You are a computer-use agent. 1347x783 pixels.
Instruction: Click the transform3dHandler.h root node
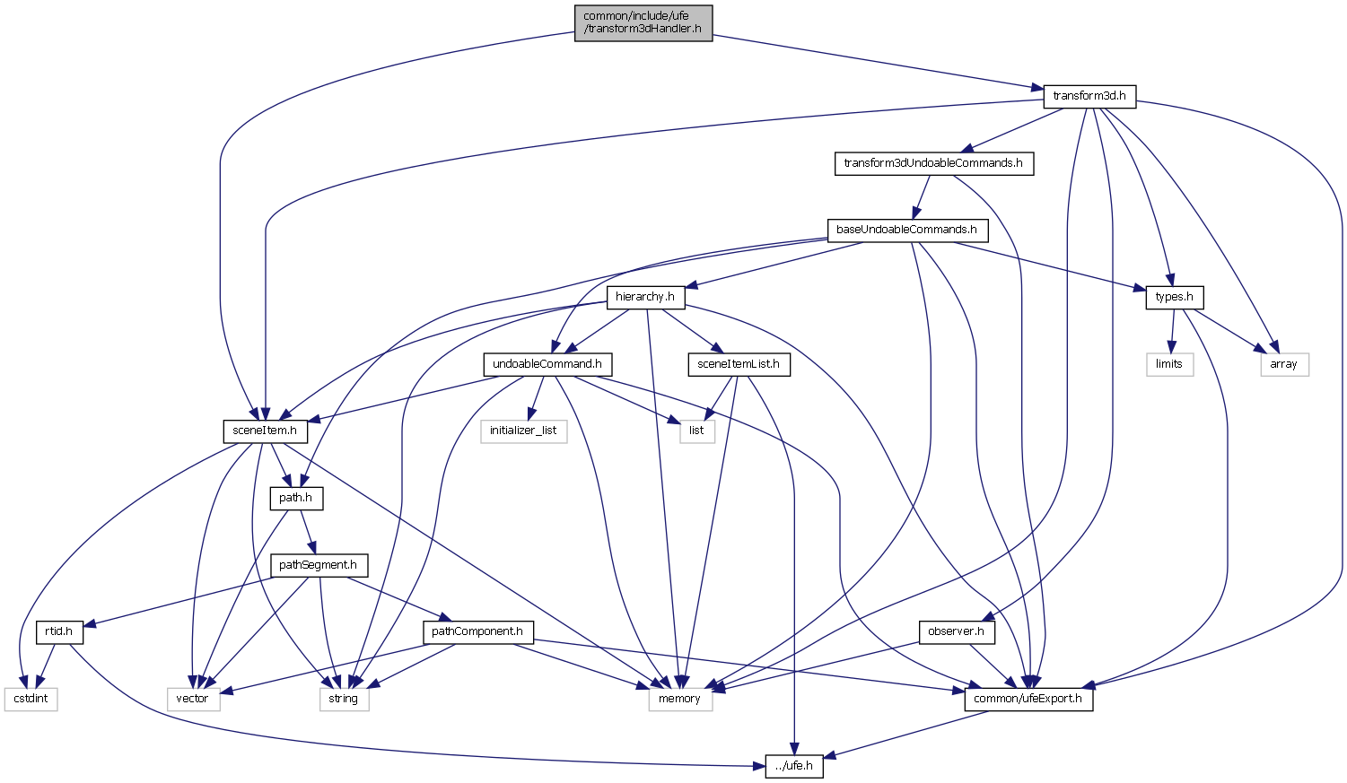click(x=643, y=22)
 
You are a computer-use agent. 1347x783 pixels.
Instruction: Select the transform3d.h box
click(x=1089, y=96)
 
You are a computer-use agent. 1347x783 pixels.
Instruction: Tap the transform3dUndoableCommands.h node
click(x=933, y=163)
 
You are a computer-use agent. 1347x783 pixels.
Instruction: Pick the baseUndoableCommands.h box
click(x=906, y=230)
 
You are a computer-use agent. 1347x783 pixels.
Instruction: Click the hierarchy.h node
click(x=645, y=297)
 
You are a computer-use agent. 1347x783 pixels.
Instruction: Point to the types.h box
click(x=1174, y=297)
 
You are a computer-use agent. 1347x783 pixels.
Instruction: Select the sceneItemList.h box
click(x=739, y=364)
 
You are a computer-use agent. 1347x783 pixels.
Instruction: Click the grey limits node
click(x=1169, y=364)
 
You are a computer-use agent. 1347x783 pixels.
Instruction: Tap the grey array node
click(x=1284, y=364)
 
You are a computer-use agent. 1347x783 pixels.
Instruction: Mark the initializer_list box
click(x=523, y=431)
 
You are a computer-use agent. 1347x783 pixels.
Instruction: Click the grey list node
click(x=696, y=431)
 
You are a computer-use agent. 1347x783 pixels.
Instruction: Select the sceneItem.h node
click(x=265, y=431)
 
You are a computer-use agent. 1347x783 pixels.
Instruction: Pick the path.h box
click(x=296, y=498)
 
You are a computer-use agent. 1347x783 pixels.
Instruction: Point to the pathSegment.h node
click(x=318, y=565)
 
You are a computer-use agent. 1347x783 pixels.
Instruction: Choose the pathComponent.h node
click(x=477, y=631)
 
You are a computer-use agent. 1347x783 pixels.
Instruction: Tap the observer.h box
click(x=957, y=631)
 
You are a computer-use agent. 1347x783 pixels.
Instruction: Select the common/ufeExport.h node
click(x=1028, y=699)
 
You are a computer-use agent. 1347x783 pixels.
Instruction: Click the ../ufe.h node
click(x=794, y=766)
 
